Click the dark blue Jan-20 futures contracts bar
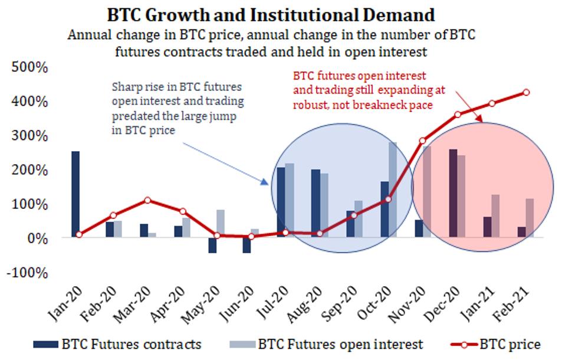coord(75,195)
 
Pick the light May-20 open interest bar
coord(220,224)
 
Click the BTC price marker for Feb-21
coord(526,93)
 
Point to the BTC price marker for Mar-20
coord(148,200)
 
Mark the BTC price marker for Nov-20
coord(422,141)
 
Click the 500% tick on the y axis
coord(29,67)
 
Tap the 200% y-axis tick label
coord(29,170)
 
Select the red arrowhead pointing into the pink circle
coord(482,120)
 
